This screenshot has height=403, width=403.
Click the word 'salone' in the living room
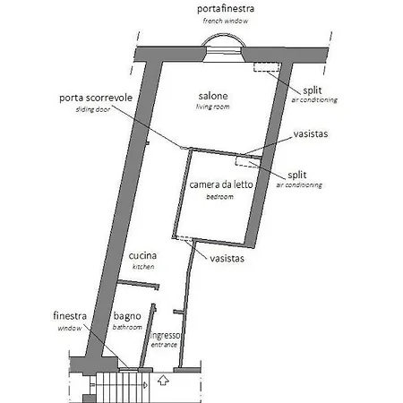pos(213,96)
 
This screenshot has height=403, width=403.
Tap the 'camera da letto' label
pos(221,184)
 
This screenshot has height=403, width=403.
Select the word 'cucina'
pos(142,255)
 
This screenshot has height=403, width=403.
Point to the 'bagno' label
pos(127,316)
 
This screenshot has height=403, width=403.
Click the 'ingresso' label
pos(165,336)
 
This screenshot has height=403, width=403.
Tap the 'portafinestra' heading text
pos(226,9)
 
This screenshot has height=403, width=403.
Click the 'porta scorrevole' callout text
pos(96,98)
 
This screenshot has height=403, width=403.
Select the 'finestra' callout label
pos(70,316)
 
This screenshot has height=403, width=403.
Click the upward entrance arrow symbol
pos(163,380)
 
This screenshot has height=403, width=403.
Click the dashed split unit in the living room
pos(266,67)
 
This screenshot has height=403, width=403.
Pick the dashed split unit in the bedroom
pos(246,161)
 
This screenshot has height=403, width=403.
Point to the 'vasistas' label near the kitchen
pos(227,259)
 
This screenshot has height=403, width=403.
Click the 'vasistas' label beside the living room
pos(311,133)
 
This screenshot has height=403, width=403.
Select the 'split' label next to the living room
pos(313,90)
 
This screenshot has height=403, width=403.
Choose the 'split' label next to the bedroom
pos(297,175)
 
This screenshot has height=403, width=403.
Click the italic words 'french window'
pos(226,21)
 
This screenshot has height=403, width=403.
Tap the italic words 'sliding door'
pos(93,109)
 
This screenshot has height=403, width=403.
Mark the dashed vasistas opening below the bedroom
pos(184,238)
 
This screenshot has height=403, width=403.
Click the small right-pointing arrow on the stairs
pos(145,385)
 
